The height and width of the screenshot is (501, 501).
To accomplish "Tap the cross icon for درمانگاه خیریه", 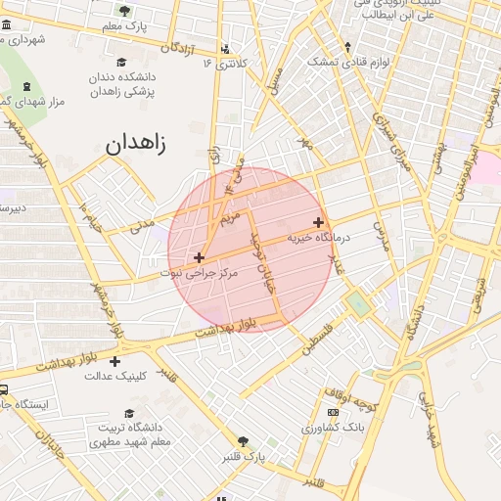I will tap(318, 222).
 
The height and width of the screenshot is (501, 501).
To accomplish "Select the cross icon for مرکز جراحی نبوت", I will tap(200, 257).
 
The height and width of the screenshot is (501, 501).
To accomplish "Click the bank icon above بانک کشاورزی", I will tap(334, 413).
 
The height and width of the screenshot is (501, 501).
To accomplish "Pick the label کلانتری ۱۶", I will tap(226, 63).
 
